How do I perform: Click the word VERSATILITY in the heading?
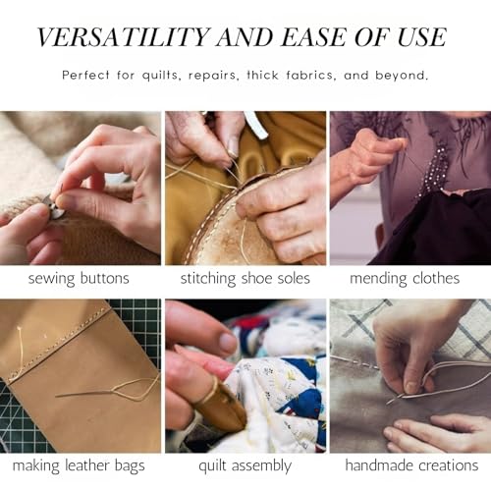[x=123, y=36]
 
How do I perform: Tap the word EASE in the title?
[x=313, y=36]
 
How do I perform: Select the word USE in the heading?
[x=422, y=36]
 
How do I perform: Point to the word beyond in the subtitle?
[x=402, y=76]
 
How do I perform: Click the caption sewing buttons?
[x=79, y=279]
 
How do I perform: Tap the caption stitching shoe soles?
[x=245, y=279]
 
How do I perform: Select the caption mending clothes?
[x=405, y=279]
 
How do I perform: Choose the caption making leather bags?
[x=79, y=465]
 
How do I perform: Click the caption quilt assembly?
[x=245, y=465]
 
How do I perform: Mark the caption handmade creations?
[x=411, y=465]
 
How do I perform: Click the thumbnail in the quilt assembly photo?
[x=228, y=343]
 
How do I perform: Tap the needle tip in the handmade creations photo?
[x=388, y=404]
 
